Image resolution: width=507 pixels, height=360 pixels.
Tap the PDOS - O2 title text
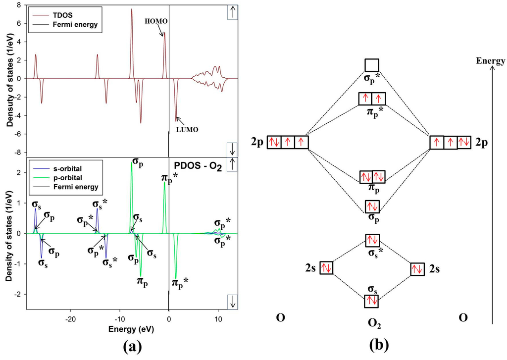(x=196, y=163)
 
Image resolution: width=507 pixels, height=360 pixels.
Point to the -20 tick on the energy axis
(x=71, y=317)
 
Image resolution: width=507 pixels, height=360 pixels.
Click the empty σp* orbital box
(x=372, y=65)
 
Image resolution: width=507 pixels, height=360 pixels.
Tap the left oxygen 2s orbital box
(x=326, y=268)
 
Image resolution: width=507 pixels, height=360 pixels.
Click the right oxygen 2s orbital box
(x=417, y=269)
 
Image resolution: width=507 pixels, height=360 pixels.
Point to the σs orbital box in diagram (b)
(x=372, y=301)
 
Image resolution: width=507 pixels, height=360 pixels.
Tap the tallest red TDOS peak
(x=132, y=10)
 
